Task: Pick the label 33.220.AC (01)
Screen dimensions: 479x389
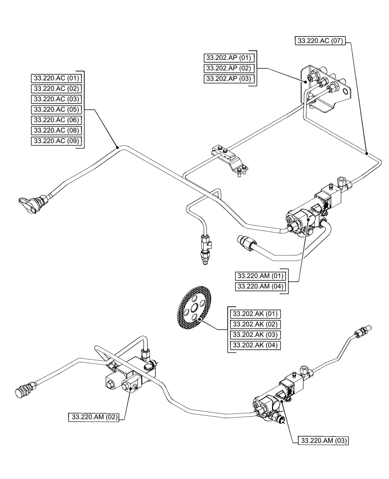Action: (x=57, y=78)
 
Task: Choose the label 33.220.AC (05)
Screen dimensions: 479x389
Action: (x=57, y=109)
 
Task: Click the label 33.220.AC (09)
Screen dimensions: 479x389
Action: (x=57, y=141)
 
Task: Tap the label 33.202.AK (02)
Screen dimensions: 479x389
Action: (x=255, y=324)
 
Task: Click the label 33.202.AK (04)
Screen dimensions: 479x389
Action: (x=255, y=345)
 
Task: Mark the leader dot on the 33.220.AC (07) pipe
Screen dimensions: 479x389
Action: (x=366, y=154)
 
